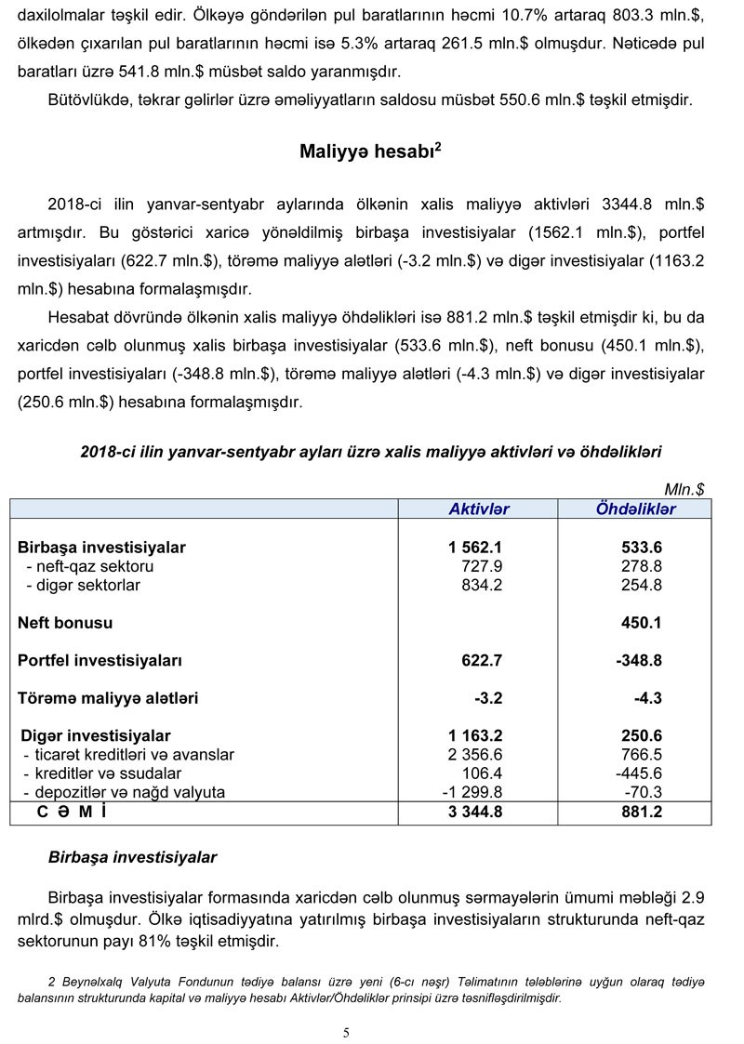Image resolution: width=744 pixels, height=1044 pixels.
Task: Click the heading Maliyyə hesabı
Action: [x=370, y=152]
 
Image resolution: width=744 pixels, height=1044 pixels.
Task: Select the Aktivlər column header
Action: [x=479, y=509]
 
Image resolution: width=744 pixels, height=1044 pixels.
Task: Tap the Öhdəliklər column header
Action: [x=636, y=509]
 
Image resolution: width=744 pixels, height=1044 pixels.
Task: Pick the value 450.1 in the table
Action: [x=642, y=622]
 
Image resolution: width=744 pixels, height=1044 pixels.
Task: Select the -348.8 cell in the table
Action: [x=638, y=660]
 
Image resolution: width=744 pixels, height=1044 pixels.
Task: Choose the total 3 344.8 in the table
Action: [x=474, y=813]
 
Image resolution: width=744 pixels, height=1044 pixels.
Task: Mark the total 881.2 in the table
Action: [x=642, y=813]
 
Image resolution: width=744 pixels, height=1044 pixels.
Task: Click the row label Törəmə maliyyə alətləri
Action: [x=108, y=698]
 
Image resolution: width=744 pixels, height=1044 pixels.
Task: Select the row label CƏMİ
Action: [x=72, y=813]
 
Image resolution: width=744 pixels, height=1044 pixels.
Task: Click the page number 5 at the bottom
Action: [x=346, y=1032]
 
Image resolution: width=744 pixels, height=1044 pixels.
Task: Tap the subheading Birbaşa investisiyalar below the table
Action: [x=132, y=857]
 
